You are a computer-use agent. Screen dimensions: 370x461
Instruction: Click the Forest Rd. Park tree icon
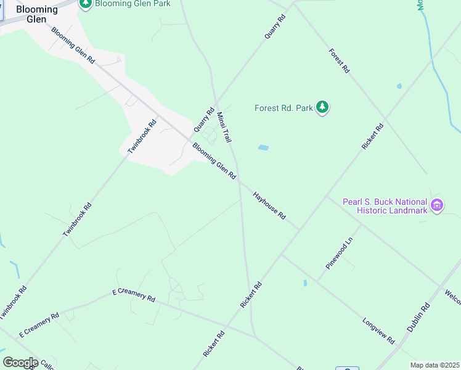[322, 108]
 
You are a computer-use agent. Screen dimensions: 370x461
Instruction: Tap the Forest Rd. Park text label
[284, 109]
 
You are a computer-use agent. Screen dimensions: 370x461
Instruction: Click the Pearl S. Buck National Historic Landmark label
[385, 206]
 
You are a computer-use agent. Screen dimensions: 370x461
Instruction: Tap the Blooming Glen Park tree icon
[86, 4]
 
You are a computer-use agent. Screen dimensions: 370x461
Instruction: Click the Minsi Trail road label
[224, 126]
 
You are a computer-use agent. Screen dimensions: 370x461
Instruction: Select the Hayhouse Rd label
[270, 206]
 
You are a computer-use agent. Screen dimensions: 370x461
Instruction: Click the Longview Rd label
[379, 330]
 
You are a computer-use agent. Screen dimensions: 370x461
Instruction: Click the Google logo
[20, 363]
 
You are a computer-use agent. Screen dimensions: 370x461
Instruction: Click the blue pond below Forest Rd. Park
[263, 147]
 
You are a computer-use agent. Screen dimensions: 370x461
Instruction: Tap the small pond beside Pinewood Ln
[305, 283]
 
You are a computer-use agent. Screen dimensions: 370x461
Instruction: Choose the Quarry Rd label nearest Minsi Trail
[203, 120]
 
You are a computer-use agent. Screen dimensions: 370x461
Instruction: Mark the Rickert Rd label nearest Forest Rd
[372, 136]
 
